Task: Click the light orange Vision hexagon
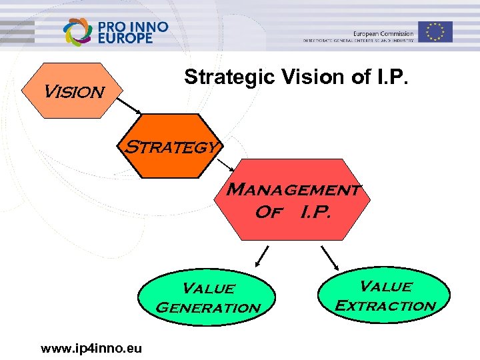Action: [72, 89]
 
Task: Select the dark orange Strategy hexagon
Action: [171, 146]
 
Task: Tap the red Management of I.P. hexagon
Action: [293, 199]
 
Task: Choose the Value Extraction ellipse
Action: [385, 295]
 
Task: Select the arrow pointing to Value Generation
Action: [262, 256]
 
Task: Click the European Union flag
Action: [436, 31]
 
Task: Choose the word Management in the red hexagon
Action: [293, 190]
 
